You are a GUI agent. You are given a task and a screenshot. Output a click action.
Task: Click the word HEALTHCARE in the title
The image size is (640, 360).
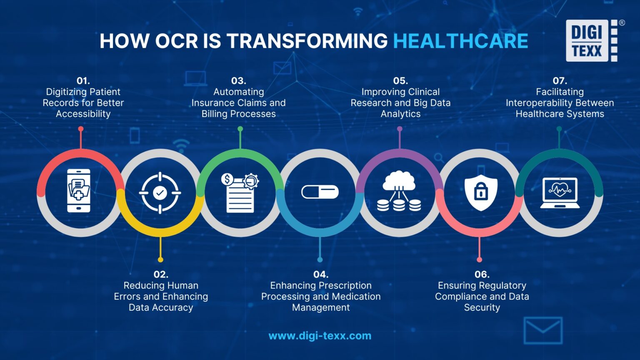coord(460,41)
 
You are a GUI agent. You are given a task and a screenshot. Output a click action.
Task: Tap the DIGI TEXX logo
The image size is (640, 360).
coord(592,41)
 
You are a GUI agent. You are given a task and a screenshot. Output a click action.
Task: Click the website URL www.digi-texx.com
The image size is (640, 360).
coord(320,336)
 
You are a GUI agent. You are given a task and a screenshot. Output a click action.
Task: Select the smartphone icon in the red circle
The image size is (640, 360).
coord(79,191)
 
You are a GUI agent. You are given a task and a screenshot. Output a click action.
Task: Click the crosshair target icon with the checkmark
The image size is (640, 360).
coord(160,192)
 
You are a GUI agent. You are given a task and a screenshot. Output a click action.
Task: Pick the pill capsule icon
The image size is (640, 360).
coord(320,192)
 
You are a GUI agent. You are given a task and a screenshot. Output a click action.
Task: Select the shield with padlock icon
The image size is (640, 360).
coord(481,192)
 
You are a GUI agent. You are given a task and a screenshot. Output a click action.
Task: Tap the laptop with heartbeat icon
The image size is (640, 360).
coord(560,192)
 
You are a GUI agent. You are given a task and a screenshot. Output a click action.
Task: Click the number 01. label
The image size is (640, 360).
coord(83,81)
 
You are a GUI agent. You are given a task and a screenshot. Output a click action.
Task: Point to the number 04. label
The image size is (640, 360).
coord(320,275)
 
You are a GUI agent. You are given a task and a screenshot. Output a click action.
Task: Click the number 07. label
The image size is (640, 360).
coord(560,81)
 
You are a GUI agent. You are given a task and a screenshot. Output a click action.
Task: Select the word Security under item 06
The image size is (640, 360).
coord(482,307)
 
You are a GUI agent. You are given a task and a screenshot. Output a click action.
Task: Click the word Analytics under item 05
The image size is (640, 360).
coord(400,114)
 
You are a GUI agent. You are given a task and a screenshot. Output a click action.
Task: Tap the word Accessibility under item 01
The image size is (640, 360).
coord(83,114)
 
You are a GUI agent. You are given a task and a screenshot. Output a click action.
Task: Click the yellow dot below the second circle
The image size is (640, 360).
coord(160,260)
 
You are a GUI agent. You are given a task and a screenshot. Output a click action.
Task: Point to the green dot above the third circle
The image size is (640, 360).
coord(240,129)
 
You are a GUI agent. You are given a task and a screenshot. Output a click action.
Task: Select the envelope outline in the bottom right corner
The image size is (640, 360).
coord(543,330)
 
